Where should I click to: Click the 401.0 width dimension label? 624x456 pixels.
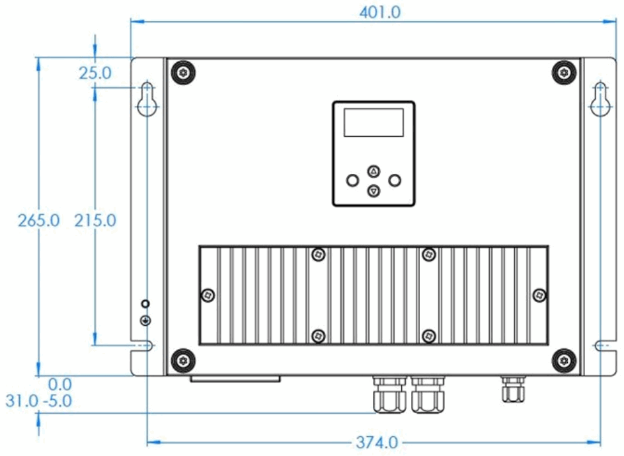(378, 12)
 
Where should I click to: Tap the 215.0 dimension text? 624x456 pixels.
(94, 220)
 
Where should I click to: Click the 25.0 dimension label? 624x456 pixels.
(95, 73)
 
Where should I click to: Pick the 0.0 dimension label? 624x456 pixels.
(59, 383)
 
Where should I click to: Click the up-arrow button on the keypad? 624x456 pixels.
(373, 171)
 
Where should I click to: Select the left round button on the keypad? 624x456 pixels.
(352, 180)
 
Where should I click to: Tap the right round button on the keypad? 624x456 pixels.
(395, 180)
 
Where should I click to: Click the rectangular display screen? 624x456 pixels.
(373, 122)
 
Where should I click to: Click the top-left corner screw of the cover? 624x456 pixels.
(182, 73)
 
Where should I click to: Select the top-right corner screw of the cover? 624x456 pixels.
(564, 72)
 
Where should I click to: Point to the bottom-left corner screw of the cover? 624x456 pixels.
(182, 360)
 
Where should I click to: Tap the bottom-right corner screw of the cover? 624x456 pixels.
(564, 360)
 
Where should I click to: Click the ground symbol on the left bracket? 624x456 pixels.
(146, 321)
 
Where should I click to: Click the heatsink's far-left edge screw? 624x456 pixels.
(208, 294)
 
